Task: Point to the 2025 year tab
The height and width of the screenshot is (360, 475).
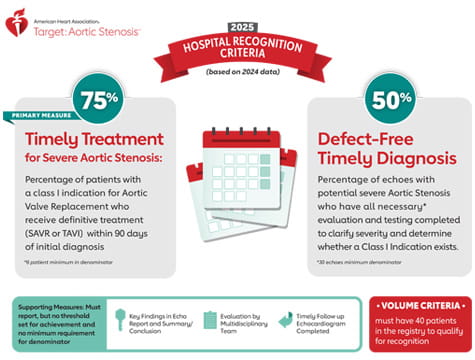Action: click(237, 27)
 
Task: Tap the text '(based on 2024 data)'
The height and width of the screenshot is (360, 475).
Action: click(238, 70)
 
